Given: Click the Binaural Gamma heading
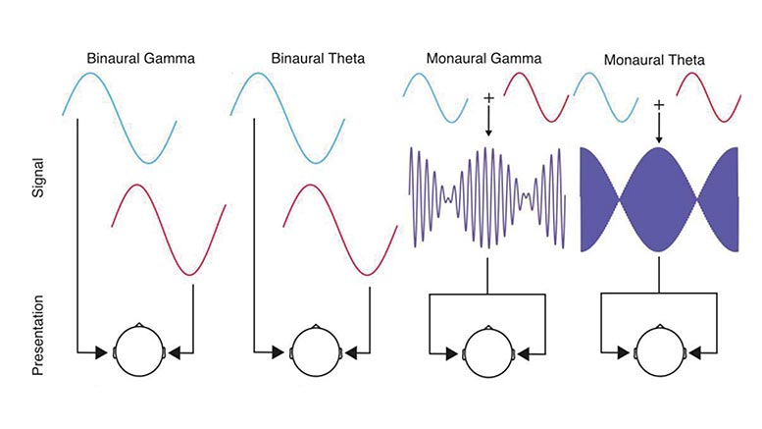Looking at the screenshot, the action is click(x=141, y=59).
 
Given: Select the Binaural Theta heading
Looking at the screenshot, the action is click(x=318, y=59).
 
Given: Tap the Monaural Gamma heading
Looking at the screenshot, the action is click(x=483, y=59).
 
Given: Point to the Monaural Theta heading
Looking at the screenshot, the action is click(x=654, y=60).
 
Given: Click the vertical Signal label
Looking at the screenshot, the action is click(x=38, y=178).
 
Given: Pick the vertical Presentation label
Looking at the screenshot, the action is click(x=38, y=335).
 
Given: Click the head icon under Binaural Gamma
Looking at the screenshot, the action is click(x=139, y=350).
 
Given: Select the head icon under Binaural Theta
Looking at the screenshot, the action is click(x=316, y=350).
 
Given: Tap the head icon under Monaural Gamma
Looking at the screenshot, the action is click(x=488, y=351).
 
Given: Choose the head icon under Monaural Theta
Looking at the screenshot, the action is click(x=659, y=351).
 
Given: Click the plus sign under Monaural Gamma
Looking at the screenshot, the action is click(x=489, y=99).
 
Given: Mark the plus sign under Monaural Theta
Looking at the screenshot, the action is click(x=659, y=105).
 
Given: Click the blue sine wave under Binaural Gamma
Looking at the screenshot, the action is click(x=120, y=118).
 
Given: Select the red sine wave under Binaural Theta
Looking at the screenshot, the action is click(x=340, y=230).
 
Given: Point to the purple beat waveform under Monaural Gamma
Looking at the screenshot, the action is click(x=488, y=198).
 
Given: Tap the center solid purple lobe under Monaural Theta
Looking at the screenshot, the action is click(x=659, y=199).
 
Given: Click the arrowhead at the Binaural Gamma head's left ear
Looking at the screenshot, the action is click(x=102, y=352).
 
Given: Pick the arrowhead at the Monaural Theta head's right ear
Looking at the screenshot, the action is click(x=695, y=352).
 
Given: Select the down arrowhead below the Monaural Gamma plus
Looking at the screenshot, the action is click(x=489, y=132).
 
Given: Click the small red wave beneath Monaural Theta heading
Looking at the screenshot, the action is click(x=708, y=97).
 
